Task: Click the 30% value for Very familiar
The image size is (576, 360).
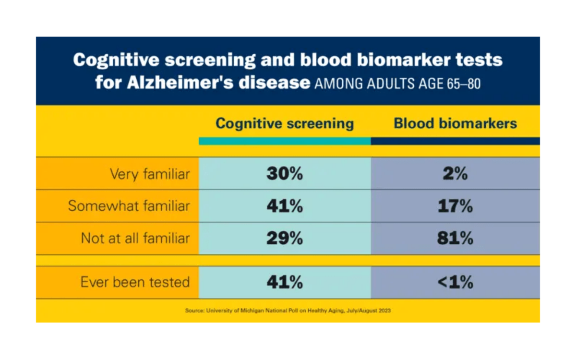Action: pos(285,174)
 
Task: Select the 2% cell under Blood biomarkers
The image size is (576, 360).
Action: pos(455,174)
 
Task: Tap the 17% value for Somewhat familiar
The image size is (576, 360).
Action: pos(455,206)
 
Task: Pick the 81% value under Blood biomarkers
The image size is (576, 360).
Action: pos(455,238)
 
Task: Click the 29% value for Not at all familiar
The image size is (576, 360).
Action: pos(285,238)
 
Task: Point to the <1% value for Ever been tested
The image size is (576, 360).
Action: pos(455,282)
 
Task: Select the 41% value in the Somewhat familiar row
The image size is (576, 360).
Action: pos(285,206)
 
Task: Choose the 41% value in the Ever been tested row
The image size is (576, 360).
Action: pos(285,282)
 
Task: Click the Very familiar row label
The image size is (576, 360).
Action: pos(150,174)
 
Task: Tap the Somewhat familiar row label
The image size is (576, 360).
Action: pos(129,206)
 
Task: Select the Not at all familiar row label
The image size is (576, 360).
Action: pos(135,238)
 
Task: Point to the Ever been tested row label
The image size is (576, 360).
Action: pos(135,282)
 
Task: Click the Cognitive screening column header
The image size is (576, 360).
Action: pos(285,124)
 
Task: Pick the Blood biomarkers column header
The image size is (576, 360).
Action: pos(455,123)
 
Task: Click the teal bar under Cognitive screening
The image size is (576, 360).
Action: pos(285,141)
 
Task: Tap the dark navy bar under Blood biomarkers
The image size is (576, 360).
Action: pos(455,141)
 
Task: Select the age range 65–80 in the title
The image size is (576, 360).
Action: pos(464,84)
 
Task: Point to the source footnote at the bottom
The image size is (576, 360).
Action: pos(288,311)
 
